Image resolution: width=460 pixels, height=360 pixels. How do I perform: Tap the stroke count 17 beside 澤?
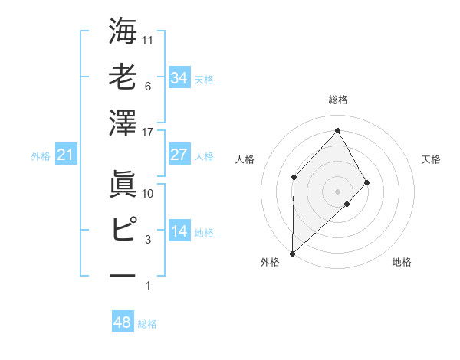point(149,133)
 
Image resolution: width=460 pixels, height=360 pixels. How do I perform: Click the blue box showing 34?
point(179,78)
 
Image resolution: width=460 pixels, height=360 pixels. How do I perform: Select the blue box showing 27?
point(179,155)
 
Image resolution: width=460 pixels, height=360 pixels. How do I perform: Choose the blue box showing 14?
point(179,232)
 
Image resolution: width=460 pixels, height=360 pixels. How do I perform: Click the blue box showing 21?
point(65,155)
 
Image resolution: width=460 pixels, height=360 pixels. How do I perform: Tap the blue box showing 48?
point(123,323)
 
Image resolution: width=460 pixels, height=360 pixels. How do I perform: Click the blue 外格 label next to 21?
point(41,156)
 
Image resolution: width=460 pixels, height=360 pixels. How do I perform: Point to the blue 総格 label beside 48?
point(147,324)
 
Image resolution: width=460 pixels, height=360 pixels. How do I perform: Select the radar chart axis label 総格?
point(337,100)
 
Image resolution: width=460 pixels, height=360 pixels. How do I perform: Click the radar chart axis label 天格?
point(432,159)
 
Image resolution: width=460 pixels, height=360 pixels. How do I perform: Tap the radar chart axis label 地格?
point(402,263)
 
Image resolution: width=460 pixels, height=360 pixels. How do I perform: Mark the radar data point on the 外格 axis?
point(292,253)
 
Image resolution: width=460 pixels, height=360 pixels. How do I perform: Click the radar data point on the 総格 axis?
point(337,129)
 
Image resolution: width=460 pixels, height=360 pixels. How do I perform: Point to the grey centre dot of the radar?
point(337,191)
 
